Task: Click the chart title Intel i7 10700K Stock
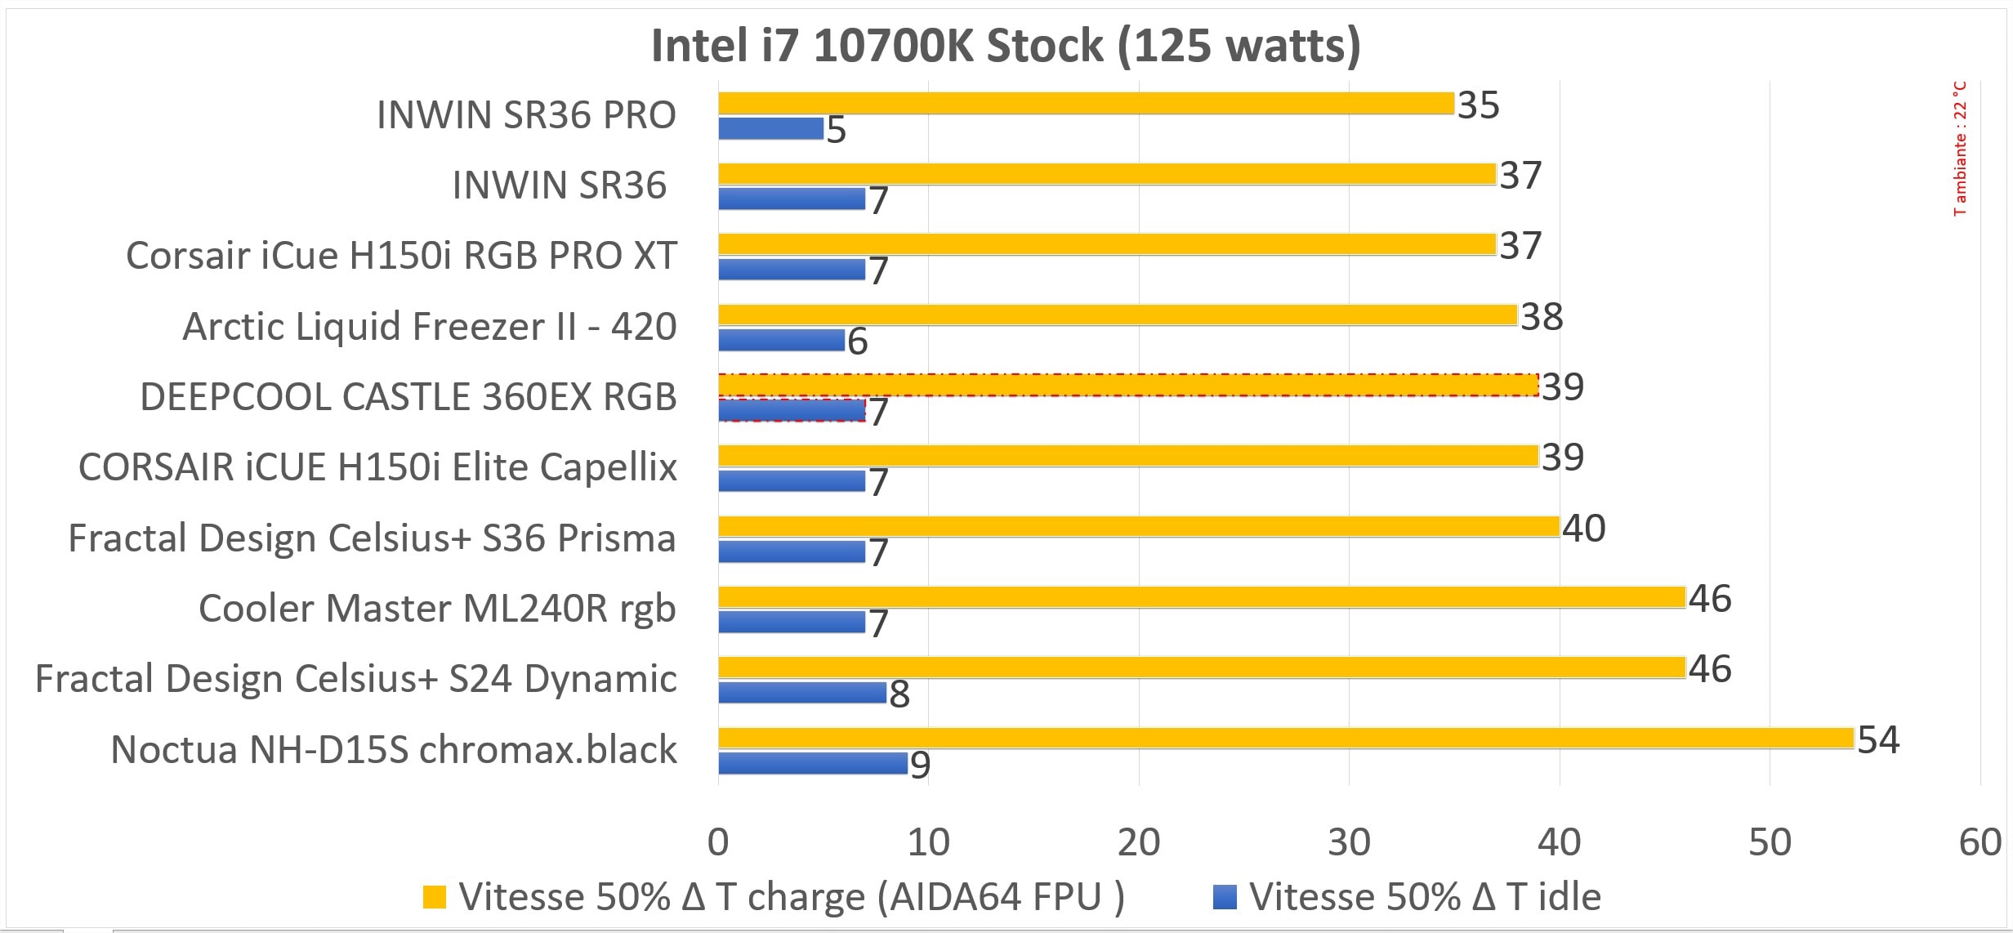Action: click(x=1006, y=46)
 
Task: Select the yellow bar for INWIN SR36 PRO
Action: click(x=1086, y=104)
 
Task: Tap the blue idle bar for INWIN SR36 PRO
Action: click(x=770, y=129)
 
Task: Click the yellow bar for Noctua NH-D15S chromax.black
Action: click(x=1285, y=739)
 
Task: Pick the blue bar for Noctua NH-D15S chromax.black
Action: click(x=813, y=764)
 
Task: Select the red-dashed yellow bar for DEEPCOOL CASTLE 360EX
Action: click(x=1127, y=386)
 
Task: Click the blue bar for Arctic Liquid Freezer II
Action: click(x=781, y=341)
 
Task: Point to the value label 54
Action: click(x=1878, y=739)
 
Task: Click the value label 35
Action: click(x=1478, y=105)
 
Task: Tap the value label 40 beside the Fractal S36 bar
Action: click(x=1583, y=529)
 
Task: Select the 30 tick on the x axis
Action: click(x=1349, y=842)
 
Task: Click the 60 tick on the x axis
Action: click(x=1980, y=842)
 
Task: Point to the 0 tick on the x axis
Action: click(x=718, y=842)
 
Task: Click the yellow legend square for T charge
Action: click(x=435, y=897)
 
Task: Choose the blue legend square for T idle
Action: click(x=1225, y=897)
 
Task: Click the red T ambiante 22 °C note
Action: click(x=1960, y=149)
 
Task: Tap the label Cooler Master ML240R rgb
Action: click(x=437, y=609)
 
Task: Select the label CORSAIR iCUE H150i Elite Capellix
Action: click(x=377, y=467)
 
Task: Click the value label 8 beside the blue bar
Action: click(x=899, y=694)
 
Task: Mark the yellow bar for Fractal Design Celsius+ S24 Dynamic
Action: click(x=1201, y=667)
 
